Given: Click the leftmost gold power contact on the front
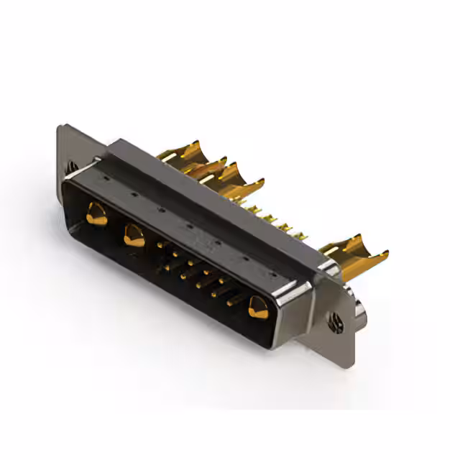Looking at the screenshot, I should [x=96, y=214].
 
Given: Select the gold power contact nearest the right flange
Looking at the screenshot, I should [x=257, y=308].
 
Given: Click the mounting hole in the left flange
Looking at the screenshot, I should [x=73, y=166].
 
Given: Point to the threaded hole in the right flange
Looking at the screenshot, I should [x=336, y=323].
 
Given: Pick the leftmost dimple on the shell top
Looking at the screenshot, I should [x=104, y=175].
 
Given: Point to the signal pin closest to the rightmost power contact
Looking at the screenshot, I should [x=231, y=303].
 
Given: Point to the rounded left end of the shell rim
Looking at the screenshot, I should [x=68, y=201].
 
